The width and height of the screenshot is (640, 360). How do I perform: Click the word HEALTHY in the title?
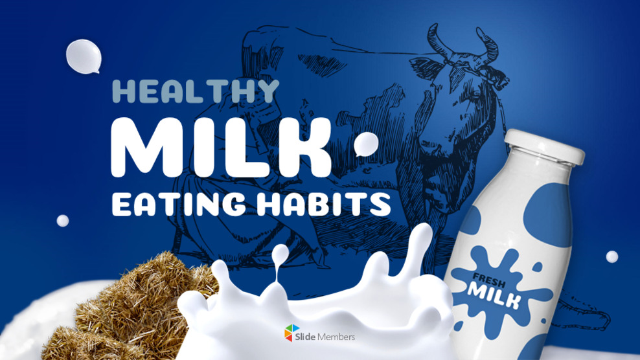click(x=195, y=91)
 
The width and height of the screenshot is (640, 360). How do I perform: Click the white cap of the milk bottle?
click(x=543, y=146)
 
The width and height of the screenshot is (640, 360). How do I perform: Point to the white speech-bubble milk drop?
click(x=84, y=56)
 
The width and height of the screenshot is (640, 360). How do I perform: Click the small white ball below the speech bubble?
click(x=63, y=221)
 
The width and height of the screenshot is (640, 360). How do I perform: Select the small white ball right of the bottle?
click(x=611, y=256)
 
